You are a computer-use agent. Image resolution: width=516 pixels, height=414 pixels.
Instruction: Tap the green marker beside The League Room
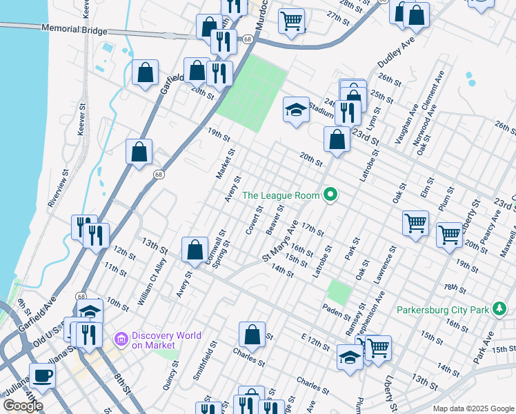click(330, 195)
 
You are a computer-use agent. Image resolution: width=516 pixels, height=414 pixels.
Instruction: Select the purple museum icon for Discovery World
click(122, 339)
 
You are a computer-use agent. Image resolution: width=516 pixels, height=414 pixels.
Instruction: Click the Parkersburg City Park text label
click(442, 310)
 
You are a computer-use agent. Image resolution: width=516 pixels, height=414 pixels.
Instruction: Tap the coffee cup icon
click(42, 375)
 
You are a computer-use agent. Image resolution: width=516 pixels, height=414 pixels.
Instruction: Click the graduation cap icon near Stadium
click(296, 110)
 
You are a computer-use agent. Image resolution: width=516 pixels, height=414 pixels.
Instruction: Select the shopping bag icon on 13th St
click(195, 249)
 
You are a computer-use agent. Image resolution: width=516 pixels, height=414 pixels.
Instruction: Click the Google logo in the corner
click(23, 405)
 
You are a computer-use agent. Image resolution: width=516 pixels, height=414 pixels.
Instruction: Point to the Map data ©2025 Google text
click(473, 408)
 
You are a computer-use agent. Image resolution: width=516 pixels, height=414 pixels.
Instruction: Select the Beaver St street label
click(276, 219)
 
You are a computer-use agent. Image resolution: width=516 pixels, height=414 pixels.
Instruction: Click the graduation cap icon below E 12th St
click(350, 357)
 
